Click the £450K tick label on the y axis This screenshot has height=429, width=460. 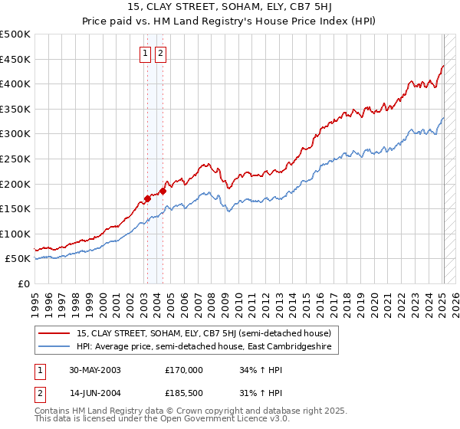coord(15,59)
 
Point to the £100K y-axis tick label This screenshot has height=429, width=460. coord(15,234)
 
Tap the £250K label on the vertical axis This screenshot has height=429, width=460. coord(15,159)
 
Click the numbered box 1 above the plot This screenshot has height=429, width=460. coord(146,54)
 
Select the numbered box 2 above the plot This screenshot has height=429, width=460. coord(161,54)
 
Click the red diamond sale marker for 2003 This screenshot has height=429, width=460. coord(147,199)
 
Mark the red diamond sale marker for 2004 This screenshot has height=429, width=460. coord(163,191)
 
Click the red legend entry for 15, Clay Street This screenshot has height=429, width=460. coord(204,333)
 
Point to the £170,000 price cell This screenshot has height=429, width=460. coord(184,370)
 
